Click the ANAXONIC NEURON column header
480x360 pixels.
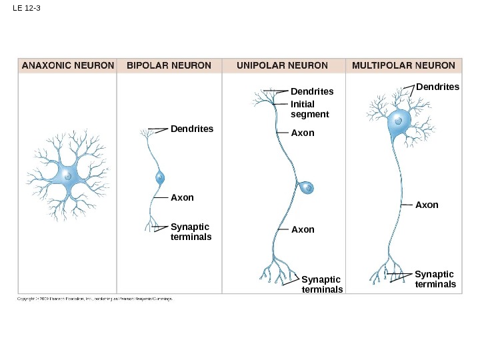(67, 65)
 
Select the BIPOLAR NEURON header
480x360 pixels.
(169, 65)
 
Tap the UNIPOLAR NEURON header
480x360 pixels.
(283, 65)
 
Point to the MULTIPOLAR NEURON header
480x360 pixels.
(403, 65)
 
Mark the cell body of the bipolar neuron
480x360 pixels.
(160, 177)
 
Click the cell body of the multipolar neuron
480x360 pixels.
(399, 122)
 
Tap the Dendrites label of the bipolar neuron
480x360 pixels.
(192, 128)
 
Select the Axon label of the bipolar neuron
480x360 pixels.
(182, 197)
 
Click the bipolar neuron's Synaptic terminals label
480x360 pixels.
(191, 231)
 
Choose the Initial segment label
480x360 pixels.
(310, 109)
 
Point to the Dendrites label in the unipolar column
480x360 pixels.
(312, 91)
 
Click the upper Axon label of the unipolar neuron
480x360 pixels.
(302, 133)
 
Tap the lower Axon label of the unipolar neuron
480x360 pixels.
(302, 229)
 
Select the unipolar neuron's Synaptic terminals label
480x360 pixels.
(322, 285)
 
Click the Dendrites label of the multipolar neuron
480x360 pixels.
(437, 87)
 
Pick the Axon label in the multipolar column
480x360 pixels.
(427, 205)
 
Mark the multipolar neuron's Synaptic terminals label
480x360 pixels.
(435, 279)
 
